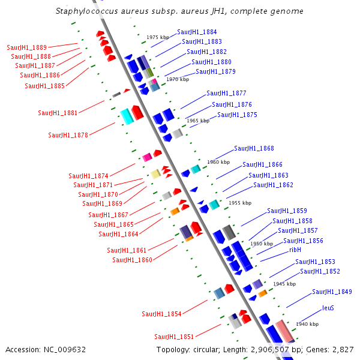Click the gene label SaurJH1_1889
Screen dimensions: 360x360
[x=27, y=47]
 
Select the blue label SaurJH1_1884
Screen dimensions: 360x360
[x=197, y=32]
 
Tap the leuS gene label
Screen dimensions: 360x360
[x=328, y=308]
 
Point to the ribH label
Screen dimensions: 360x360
[x=295, y=250]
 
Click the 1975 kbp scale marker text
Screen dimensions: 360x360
[x=158, y=37]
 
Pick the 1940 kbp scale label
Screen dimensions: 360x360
[x=307, y=324]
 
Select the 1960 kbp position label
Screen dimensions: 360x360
[x=218, y=162]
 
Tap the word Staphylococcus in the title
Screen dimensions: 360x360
[x=83, y=11]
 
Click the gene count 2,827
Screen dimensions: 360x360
[x=342, y=349]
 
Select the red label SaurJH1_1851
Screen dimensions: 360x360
[x=174, y=337]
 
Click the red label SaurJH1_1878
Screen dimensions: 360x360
[x=68, y=135]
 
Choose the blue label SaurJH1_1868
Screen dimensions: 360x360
[x=254, y=148]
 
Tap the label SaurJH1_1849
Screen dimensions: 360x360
[x=332, y=292]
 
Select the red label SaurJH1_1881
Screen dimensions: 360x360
[x=58, y=112]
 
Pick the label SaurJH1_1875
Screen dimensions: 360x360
[x=237, y=115]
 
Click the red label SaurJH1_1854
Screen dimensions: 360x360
[x=161, y=314]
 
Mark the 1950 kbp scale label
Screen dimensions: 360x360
[x=262, y=244]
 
